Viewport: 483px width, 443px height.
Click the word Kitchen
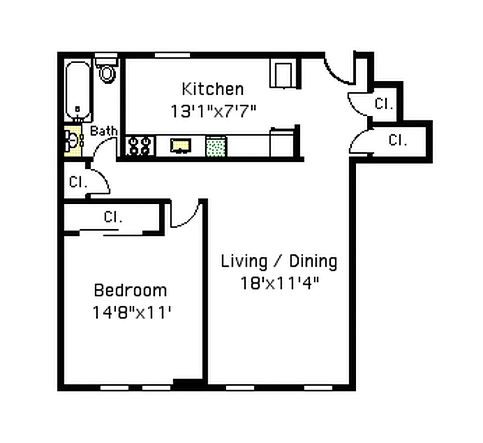tap(212, 89)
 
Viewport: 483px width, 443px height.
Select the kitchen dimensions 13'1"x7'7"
tap(213, 111)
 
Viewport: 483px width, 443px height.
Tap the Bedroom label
tap(130, 290)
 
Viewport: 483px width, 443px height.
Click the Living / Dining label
tap(279, 261)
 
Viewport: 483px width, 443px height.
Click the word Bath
tap(103, 131)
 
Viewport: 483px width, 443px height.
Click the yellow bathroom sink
tap(72, 141)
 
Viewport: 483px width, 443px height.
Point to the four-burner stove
tap(139, 146)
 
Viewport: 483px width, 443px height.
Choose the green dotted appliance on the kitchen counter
tap(215, 146)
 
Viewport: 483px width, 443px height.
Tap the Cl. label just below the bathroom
tap(77, 182)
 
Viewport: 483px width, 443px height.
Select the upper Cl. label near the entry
tap(383, 104)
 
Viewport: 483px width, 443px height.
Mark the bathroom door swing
tap(103, 148)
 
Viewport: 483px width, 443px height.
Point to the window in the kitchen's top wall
tap(172, 55)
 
